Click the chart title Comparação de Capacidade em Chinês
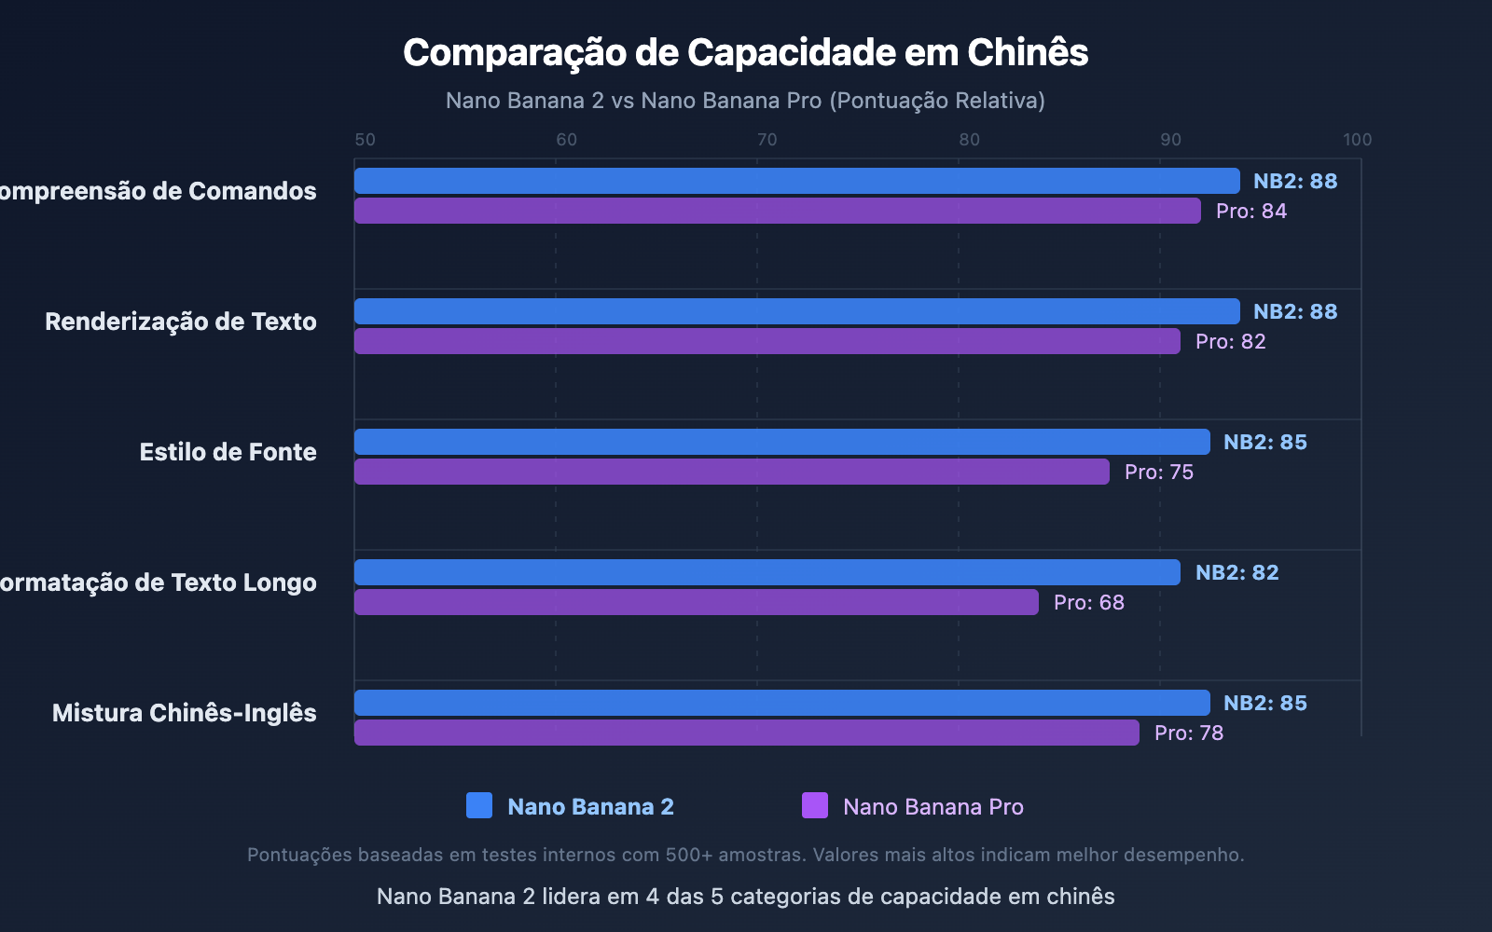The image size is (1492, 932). click(745, 53)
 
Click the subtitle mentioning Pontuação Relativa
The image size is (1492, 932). click(745, 101)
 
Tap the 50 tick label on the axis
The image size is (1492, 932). click(365, 140)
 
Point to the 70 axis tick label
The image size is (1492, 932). click(767, 140)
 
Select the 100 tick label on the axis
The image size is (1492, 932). click(1357, 140)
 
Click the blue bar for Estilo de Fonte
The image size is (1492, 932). click(781, 442)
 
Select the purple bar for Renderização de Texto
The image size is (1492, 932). click(767, 341)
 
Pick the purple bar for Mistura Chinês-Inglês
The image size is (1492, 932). click(746, 733)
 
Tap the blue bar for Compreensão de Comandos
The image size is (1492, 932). click(796, 181)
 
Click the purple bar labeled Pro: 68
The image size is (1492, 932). click(696, 602)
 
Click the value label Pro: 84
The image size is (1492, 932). click(1250, 212)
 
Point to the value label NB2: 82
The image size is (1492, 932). click(1236, 572)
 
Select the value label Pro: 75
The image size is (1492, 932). click(1158, 473)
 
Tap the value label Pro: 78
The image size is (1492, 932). click(1188, 733)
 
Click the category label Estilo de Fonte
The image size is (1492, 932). click(228, 452)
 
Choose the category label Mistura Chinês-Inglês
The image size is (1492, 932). click(184, 713)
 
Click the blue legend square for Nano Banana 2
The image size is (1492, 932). click(478, 805)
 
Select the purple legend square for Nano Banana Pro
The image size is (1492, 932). click(814, 805)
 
